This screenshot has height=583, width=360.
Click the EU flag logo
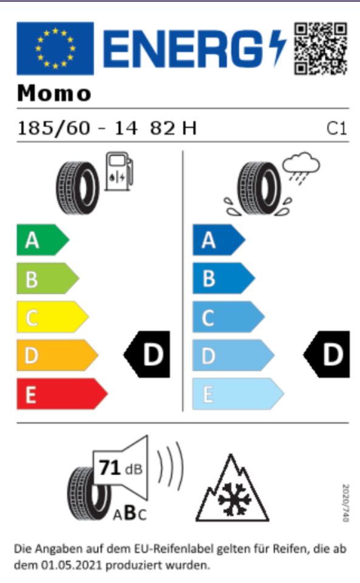[x=55, y=49]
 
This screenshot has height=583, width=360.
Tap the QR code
[x=321, y=49]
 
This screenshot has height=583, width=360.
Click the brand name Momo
[x=54, y=93]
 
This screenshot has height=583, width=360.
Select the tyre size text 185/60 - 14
[x=78, y=128]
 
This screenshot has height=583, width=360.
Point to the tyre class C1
[x=336, y=129]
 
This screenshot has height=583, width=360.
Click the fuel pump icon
[x=119, y=171]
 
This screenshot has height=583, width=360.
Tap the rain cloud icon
[x=301, y=168]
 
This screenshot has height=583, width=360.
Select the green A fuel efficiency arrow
[x=42, y=240]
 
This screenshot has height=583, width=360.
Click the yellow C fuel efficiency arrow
[x=52, y=317]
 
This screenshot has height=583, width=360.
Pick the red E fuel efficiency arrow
[x=62, y=394]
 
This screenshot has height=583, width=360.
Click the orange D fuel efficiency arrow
[x=57, y=355]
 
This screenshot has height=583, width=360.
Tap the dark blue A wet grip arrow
[x=219, y=240]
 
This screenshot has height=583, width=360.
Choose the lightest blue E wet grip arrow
[x=238, y=394]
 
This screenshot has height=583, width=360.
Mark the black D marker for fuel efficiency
[x=147, y=354]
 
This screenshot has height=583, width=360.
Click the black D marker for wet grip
[x=327, y=354]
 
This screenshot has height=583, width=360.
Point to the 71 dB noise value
[x=121, y=468]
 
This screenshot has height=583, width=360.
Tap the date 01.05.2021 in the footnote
[x=71, y=565]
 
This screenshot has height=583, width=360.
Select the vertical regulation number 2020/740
[x=345, y=503]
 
